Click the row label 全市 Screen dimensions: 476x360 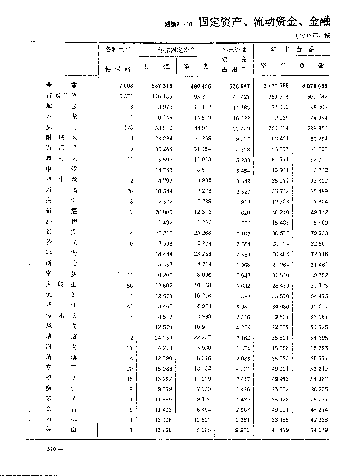tap(62, 86)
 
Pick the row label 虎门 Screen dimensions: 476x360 tap(62, 127)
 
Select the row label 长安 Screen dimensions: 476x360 tap(62, 232)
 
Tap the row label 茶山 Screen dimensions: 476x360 tap(62, 430)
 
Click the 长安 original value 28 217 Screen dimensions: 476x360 tap(163, 233)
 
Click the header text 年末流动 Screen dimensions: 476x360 tap(234, 50)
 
